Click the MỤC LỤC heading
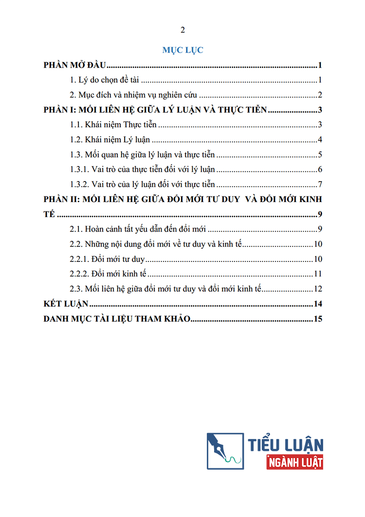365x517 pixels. [x=182, y=50]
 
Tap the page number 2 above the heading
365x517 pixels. [x=182, y=30]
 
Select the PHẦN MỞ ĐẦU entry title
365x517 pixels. [x=75, y=65]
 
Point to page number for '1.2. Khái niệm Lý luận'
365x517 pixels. [x=320, y=140]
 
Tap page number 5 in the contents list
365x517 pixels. [x=320, y=155]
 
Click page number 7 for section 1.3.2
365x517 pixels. [x=320, y=185]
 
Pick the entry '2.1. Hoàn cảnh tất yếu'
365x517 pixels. [x=139, y=229]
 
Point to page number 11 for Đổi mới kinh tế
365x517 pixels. [x=319, y=274]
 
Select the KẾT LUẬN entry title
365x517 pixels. [x=66, y=304]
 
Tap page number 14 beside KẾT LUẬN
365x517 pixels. [x=319, y=304]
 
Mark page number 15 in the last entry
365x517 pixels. [x=319, y=319]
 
